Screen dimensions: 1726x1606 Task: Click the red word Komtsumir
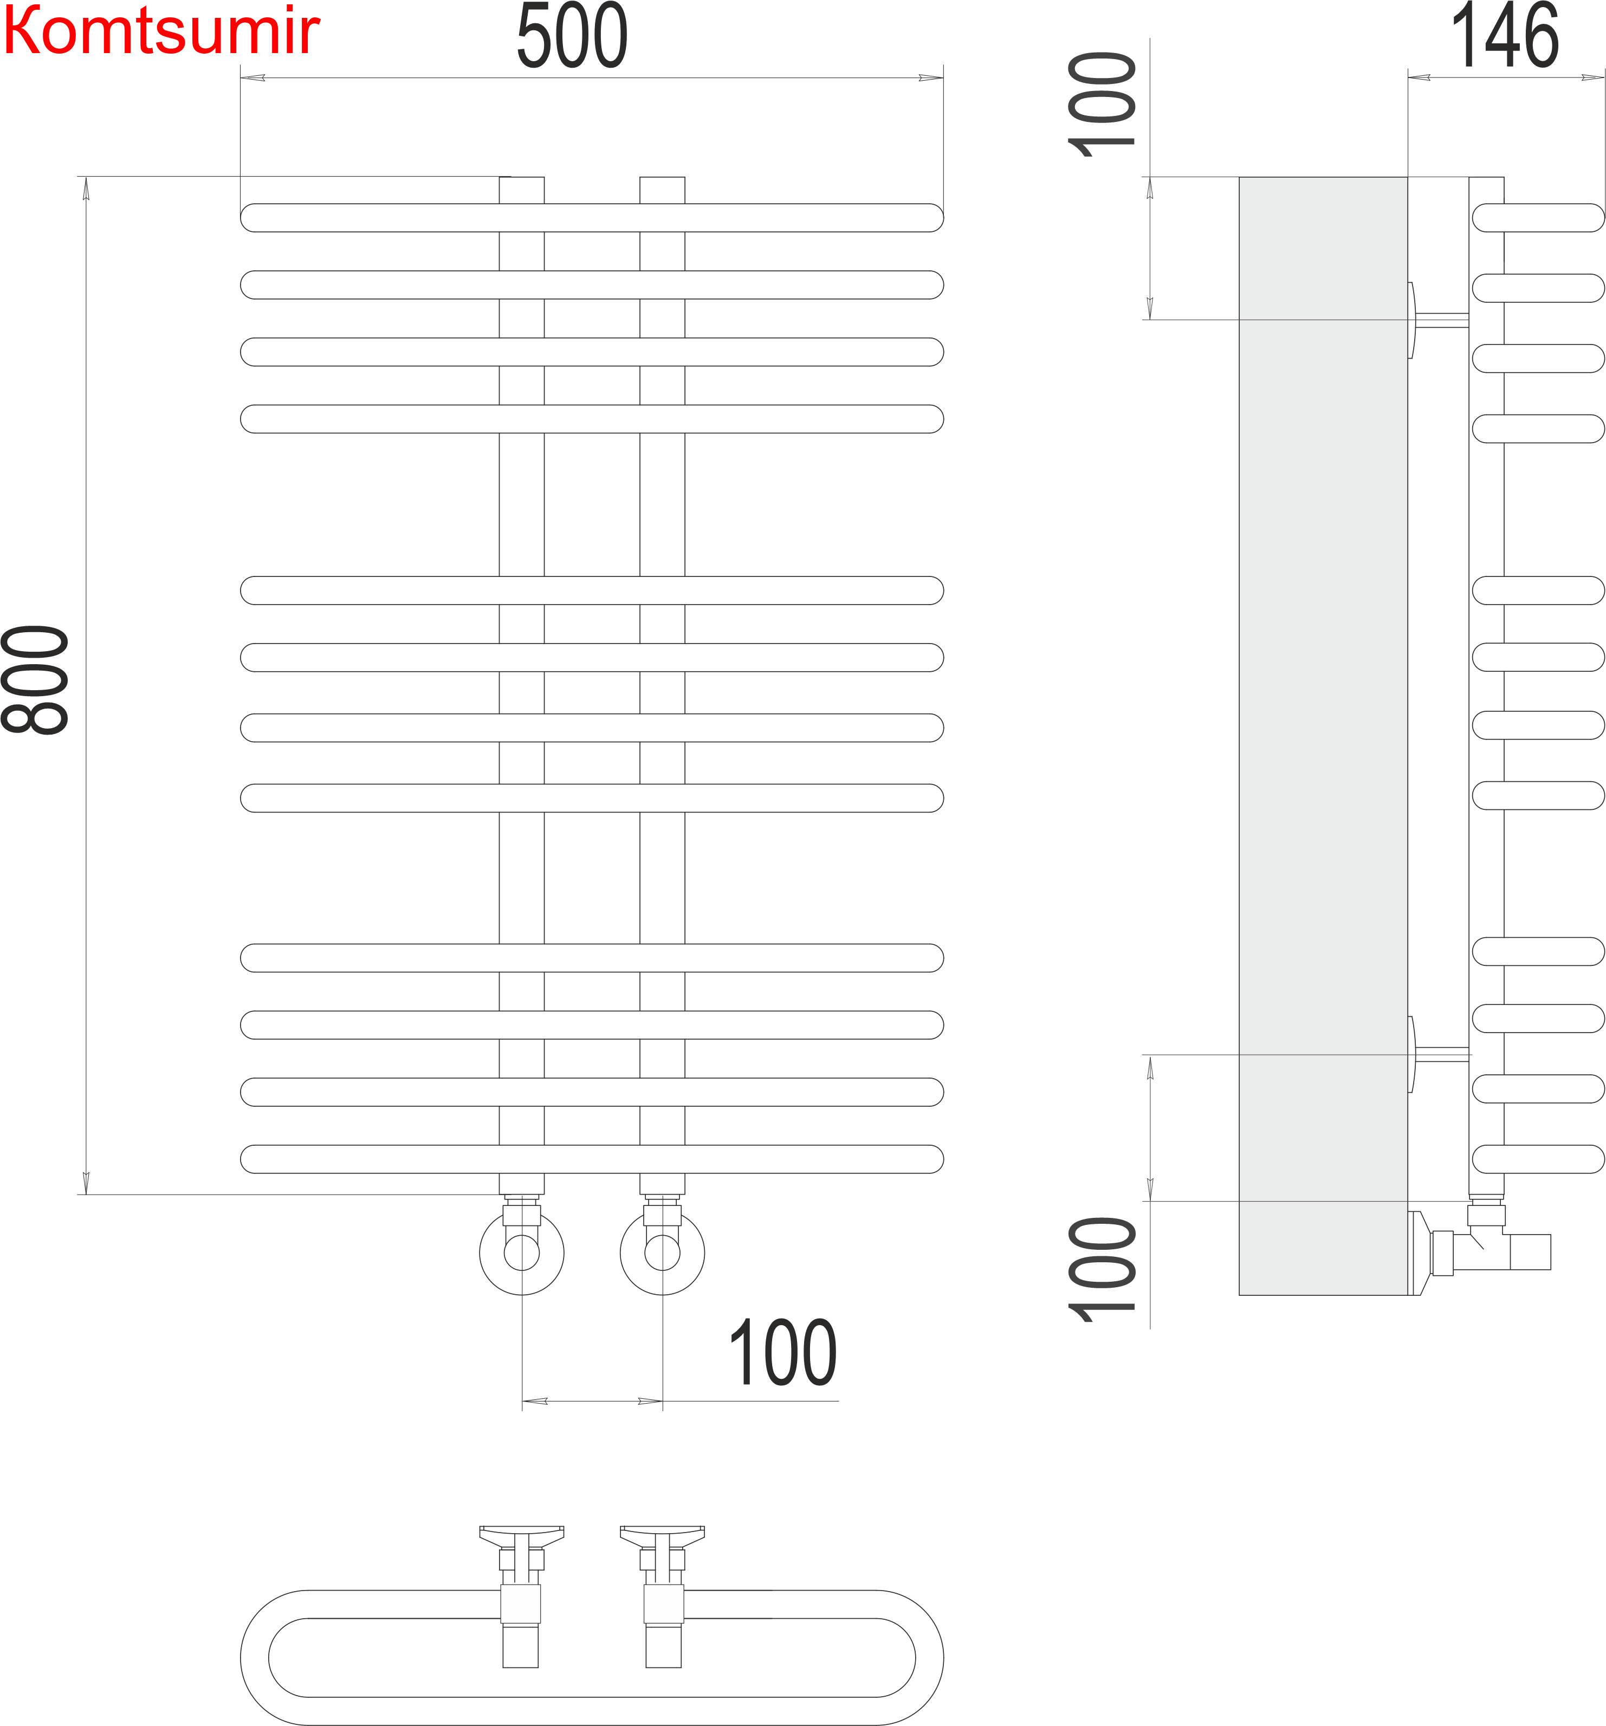pyautogui.click(x=161, y=31)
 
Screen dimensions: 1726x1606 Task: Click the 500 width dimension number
pyautogui.click(x=572, y=36)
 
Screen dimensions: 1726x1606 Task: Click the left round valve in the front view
pyautogui.click(x=521, y=1253)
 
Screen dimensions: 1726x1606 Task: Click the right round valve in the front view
pyautogui.click(x=662, y=1253)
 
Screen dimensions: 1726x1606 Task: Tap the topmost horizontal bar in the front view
pyautogui.click(x=592, y=218)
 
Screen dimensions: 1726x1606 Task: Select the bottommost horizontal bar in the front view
pyautogui.click(x=592, y=1159)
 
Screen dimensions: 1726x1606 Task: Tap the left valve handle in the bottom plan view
pyautogui.click(x=521, y=1535)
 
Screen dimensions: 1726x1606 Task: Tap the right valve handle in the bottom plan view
pyautogui.click(x=662, y=1535)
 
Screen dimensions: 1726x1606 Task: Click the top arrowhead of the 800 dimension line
pyautogui.click(x=86, y=187)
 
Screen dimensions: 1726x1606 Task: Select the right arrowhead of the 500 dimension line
pyautogui.click(x=931, y=78)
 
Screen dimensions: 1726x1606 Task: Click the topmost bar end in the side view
pyautogui.click(x=1537, y=218)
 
